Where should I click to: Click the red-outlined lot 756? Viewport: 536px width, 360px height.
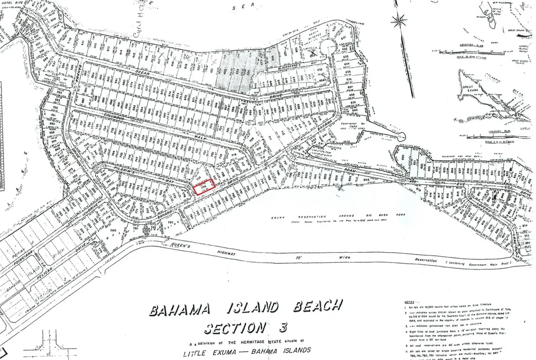pyautogui.click(x=204, y=187)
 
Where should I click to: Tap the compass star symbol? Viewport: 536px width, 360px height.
pyautogui.click(x=399, y=21)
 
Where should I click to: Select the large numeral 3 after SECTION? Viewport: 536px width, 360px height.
pyautogui.click(x=283, y=328)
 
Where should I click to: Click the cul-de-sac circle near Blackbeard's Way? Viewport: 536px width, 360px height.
pyautogui.click(x=328, y=47)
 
